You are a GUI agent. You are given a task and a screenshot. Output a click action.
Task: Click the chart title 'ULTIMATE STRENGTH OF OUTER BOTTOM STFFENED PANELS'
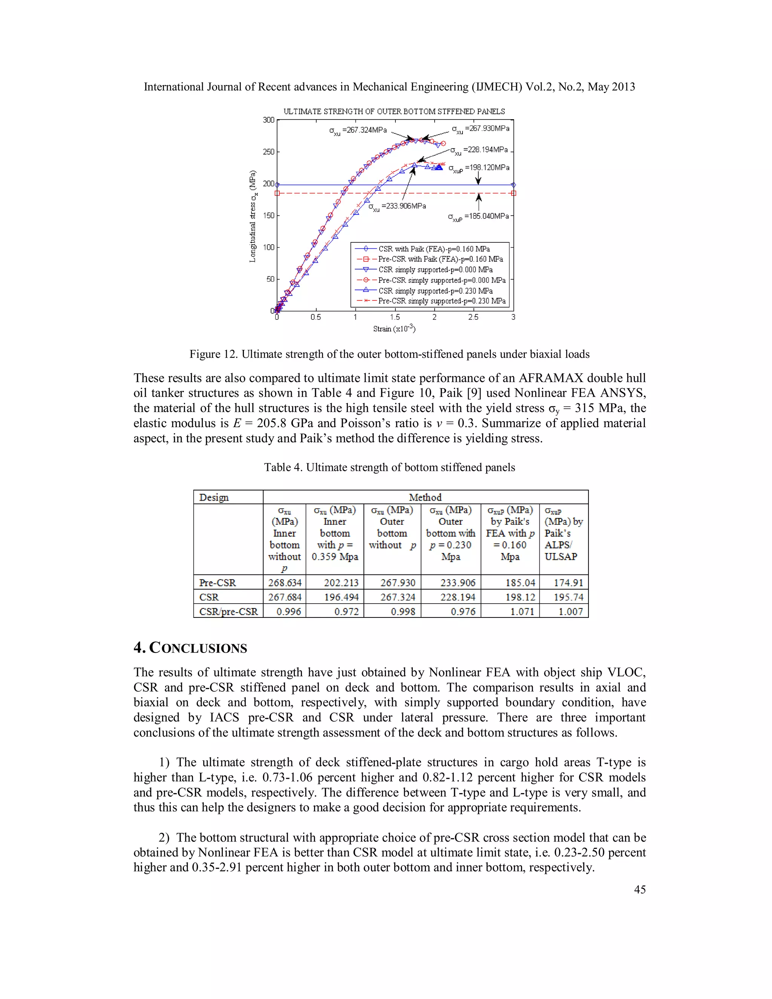click(394, 112)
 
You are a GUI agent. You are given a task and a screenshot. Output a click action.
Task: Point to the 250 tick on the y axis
click(268, 152)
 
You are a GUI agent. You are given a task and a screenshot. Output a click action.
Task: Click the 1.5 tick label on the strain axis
click(395, 317)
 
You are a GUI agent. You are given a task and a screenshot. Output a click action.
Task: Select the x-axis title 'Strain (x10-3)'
click(394, 328)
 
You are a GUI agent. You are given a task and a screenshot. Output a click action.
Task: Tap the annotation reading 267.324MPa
click(358, 130)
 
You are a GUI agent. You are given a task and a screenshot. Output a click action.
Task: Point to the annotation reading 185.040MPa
click(478, 216)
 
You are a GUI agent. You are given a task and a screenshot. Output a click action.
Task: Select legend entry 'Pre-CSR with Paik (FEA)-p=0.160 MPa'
click(440, 259)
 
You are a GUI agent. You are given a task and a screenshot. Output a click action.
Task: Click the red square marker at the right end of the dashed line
click(513, 193)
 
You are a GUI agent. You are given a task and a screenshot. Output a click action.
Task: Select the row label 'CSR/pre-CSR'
click(228, 611)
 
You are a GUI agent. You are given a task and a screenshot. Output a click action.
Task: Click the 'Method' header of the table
click(425, 497)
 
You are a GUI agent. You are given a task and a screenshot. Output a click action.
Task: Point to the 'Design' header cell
click(214, 497)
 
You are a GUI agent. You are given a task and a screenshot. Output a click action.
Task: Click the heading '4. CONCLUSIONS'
click(190, 648)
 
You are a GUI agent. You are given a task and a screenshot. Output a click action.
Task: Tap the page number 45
click(639, 889)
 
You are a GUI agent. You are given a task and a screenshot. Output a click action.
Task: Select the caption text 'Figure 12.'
click(214, 354)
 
